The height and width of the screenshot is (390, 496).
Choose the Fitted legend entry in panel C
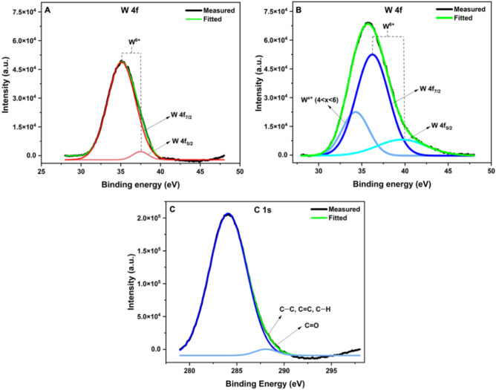339,219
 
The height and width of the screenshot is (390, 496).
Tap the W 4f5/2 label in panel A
187,140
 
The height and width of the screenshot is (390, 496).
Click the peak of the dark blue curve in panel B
373,54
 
